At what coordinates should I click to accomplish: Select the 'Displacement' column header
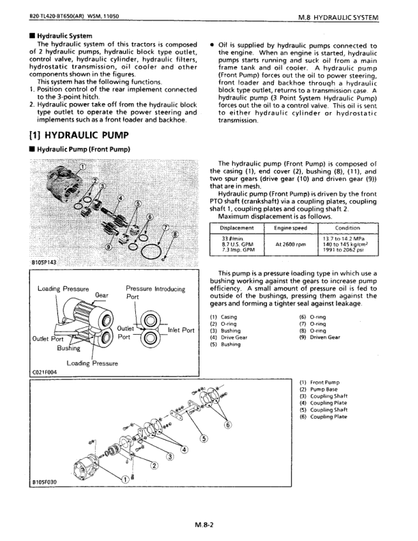(238, 227)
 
